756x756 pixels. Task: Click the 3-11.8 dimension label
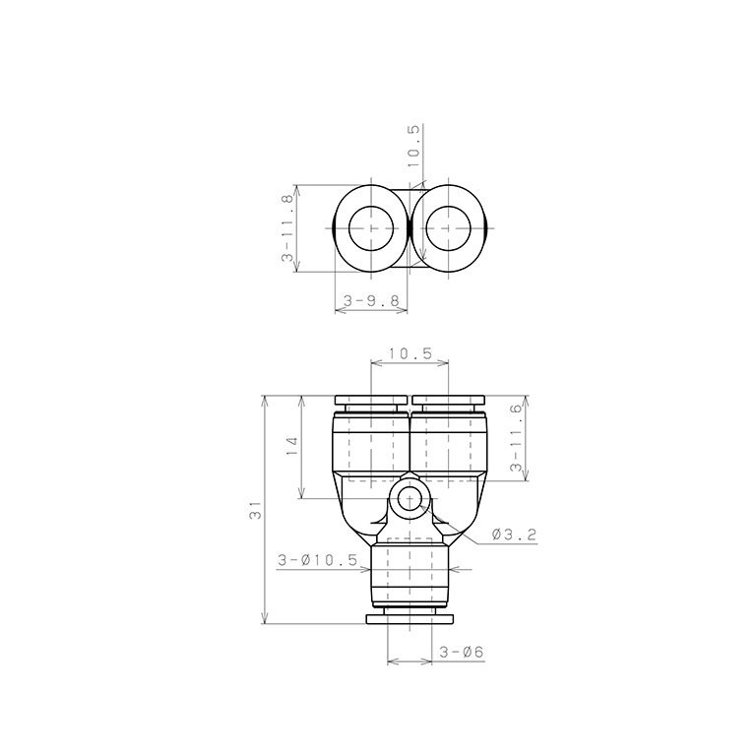[286, 228]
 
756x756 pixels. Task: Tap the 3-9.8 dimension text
[371, 301]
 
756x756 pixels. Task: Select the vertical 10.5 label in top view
[414, 146]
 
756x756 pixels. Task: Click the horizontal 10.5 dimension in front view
[409, 353]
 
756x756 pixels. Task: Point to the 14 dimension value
[291, 447]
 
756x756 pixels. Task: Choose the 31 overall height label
[255, 510]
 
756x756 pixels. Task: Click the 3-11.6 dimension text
[516, 438]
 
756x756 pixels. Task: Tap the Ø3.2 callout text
[514, 535]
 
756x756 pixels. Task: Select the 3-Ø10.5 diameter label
[318, 560]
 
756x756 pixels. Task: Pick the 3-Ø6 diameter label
[461, 652]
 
